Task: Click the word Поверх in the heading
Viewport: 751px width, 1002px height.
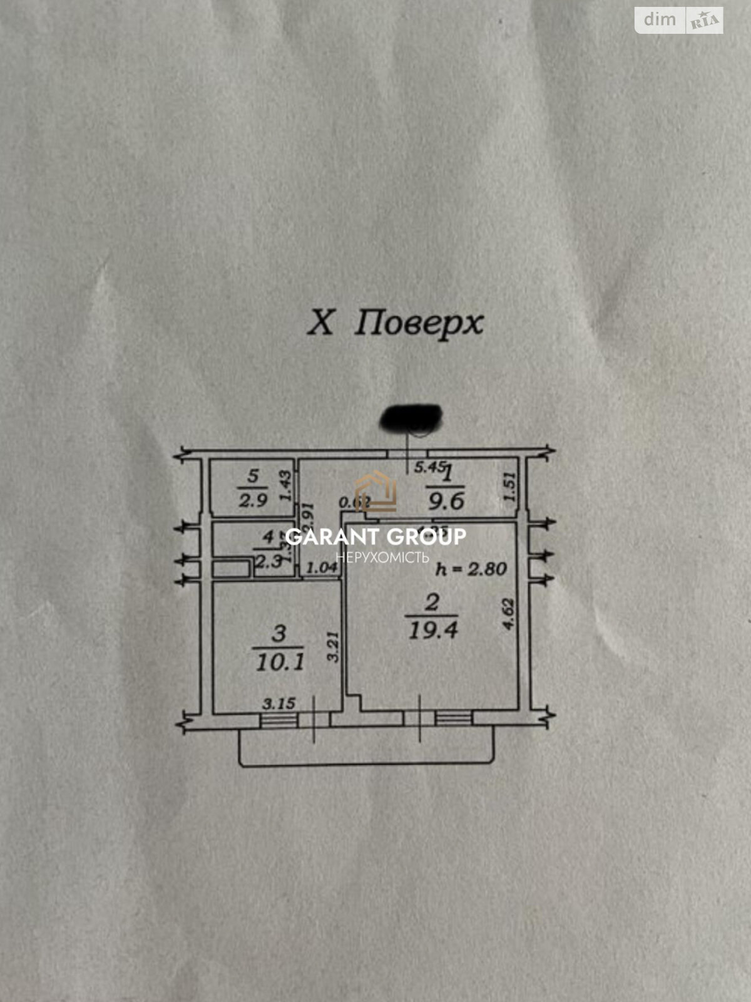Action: click(419, 324)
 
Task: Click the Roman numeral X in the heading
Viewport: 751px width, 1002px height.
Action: click(320, 323)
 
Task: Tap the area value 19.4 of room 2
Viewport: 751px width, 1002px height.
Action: click(433, 630)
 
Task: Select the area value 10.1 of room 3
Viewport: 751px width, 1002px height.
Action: click(280, 661)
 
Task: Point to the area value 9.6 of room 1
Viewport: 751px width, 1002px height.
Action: click(445, 501)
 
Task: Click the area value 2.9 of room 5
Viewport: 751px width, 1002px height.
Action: click(253, 500)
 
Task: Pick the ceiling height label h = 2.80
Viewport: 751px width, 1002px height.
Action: click(471, 569)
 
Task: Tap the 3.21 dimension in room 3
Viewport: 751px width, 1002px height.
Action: click(333, 646)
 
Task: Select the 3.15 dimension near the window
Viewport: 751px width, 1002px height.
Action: click(278, 703)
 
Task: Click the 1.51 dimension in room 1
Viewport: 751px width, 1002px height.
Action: click(509, 486)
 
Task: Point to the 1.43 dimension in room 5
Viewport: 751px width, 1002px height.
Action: click(285, 486)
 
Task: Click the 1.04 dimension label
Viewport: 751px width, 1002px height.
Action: click(322, 568)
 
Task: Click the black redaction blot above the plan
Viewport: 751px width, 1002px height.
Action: click(412, 418)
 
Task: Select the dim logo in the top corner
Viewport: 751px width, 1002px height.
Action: click(660, 20)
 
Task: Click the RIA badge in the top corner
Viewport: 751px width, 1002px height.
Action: click(705, 22)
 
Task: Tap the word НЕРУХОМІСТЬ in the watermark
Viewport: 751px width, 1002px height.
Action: click(382, 557)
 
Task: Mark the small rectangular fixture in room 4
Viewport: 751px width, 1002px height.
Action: click(231, 569)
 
